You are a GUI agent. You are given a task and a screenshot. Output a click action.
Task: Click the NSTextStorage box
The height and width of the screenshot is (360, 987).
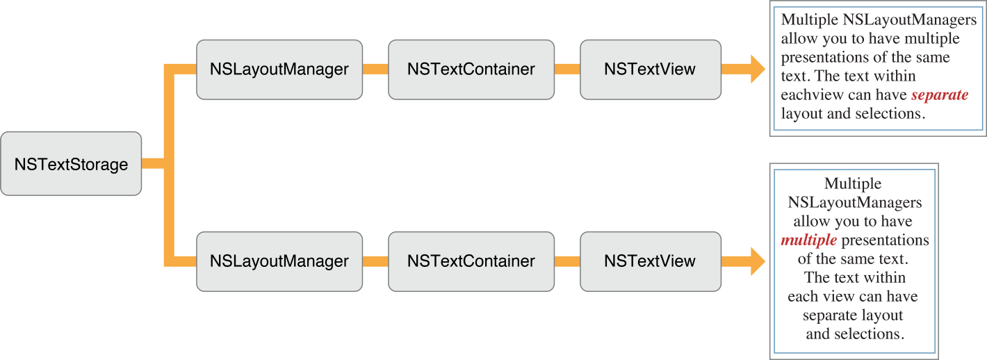[x=71, y=164]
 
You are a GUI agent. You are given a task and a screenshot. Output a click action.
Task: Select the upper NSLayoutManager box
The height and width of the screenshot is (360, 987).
[x=279, y=69]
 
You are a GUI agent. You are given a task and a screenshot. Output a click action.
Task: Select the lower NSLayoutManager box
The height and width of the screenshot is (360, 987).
[x=279, y=261]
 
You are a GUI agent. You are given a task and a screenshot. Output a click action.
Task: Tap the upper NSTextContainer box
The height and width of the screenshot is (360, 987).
[x=471, y=69]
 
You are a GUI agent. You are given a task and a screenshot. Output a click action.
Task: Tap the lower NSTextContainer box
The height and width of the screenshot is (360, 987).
[x=471, y=261]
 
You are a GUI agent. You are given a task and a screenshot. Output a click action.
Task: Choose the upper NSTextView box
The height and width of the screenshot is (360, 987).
[x=649, y=69]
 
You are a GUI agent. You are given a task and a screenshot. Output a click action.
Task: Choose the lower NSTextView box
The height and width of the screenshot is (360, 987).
[x=649, y=261]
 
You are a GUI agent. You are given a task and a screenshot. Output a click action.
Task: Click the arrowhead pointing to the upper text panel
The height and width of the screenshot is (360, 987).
[x=756, y=69]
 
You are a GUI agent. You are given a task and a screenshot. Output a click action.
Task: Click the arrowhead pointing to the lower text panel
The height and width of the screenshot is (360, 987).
[x=756, y=261]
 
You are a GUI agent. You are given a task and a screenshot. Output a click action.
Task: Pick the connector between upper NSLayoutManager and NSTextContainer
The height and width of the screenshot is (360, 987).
[x=375, y=69]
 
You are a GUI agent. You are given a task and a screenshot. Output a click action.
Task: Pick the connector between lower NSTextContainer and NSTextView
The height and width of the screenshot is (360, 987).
[x=566, y=261]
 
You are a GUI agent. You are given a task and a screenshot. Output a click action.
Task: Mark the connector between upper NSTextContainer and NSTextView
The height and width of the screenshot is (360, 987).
[x=566, y=69]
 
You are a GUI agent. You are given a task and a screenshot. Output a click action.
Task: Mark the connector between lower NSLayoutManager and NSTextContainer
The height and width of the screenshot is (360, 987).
[x=375, y=261]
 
